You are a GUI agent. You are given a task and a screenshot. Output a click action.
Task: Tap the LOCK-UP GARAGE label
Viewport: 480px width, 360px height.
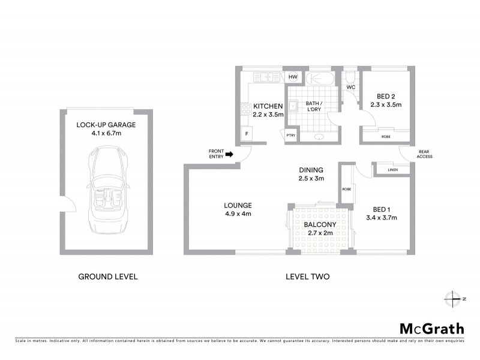tap(107, 125)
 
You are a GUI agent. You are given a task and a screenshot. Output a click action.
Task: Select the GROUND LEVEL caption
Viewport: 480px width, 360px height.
tap(108, 277)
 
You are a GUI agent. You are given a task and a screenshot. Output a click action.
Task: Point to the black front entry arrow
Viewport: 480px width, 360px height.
tap(229, 155)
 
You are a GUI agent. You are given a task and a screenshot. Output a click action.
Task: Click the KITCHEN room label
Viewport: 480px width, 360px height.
tap(267, 106)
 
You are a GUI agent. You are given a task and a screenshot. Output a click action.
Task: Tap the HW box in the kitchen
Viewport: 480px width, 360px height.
tap(293, 77)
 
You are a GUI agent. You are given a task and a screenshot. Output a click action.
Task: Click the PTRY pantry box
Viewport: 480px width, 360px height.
tap(290, 136)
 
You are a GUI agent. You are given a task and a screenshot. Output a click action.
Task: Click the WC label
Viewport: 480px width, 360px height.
tap(351, 88)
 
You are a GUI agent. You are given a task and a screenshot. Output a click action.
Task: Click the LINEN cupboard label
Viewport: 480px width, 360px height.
tap(392, 170)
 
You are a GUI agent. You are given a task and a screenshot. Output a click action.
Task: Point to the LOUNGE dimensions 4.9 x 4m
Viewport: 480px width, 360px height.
tap(238, 213)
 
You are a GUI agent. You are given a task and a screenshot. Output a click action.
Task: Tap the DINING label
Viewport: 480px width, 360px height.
tap(311, 170)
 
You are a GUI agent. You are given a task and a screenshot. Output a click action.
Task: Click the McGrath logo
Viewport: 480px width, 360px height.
tap(431, 328)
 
